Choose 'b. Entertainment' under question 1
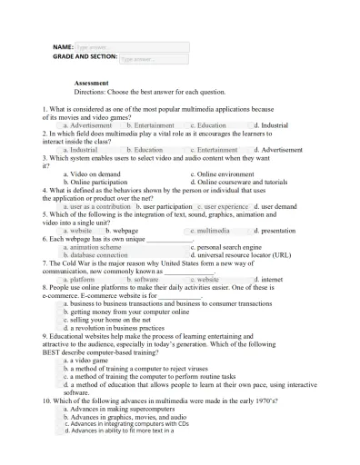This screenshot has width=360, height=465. point(151,124)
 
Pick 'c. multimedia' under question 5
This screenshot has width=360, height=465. point(210,231)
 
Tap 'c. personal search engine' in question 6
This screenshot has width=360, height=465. point(226,247)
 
